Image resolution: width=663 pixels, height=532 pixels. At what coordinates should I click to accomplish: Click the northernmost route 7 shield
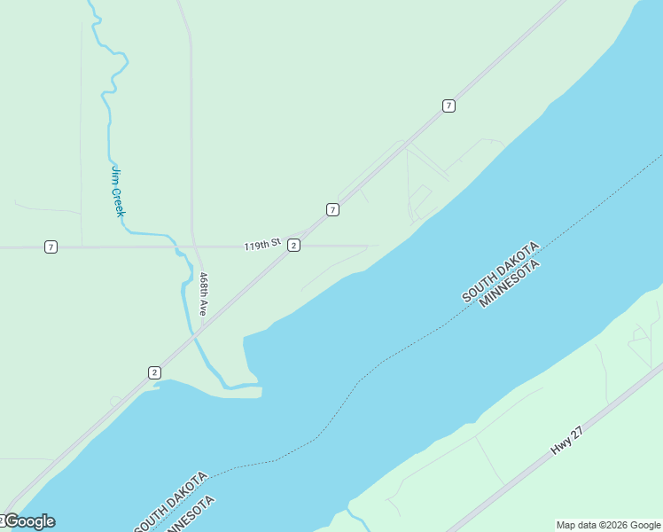pos(448,106)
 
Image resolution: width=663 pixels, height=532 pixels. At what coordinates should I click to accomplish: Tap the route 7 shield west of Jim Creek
pos(51,247)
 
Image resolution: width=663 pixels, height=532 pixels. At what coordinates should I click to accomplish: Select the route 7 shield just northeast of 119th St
pos(332,210)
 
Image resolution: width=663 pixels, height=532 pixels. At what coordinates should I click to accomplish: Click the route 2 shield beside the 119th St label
pos(293,245)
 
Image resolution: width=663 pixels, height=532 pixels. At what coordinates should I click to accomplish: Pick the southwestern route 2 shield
pos(154,372)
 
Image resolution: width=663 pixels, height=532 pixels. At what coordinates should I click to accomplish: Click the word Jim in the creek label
pos(114,176)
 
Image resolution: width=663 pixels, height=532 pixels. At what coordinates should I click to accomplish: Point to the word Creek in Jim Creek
pos(118,201)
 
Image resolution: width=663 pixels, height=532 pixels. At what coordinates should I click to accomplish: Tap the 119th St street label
pos(261,244)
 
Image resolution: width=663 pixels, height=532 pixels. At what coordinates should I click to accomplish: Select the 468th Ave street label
pos(203,294)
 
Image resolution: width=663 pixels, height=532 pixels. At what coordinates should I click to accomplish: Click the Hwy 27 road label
pos(566,441)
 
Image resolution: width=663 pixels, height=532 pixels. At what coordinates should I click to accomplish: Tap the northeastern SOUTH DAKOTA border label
pos(499,272)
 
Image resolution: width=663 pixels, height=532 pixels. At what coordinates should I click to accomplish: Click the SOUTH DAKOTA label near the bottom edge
pos(171,502)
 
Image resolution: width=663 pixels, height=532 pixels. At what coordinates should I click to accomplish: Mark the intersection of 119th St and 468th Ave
pos(193,246)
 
